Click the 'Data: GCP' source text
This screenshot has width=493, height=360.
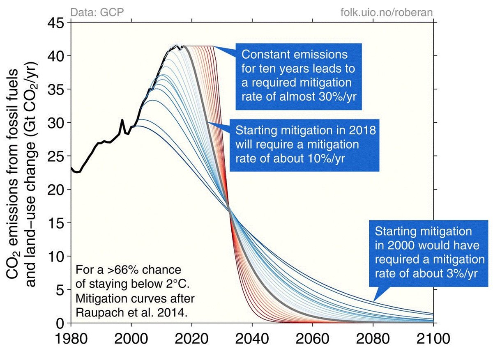pos(94,12)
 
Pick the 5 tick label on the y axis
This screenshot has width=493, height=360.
pos(61,290)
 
